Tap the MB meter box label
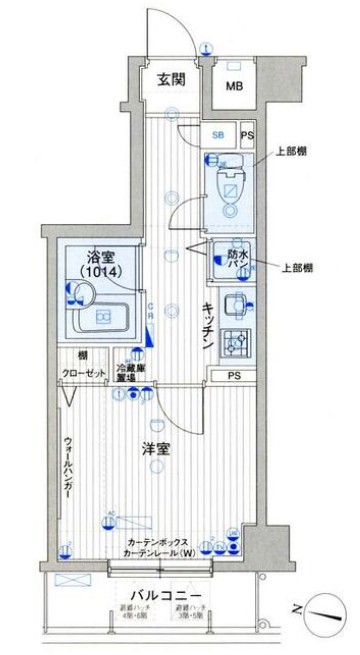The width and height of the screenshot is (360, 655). tap(233, 86)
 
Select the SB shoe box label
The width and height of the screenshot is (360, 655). tap(217, 135)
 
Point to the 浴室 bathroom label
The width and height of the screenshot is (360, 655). tap(98, 255)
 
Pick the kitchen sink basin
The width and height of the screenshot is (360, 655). tap(236, 306)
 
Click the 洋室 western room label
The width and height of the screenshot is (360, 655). tap(155, 450)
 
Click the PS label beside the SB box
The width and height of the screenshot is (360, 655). tap(248, 135)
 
